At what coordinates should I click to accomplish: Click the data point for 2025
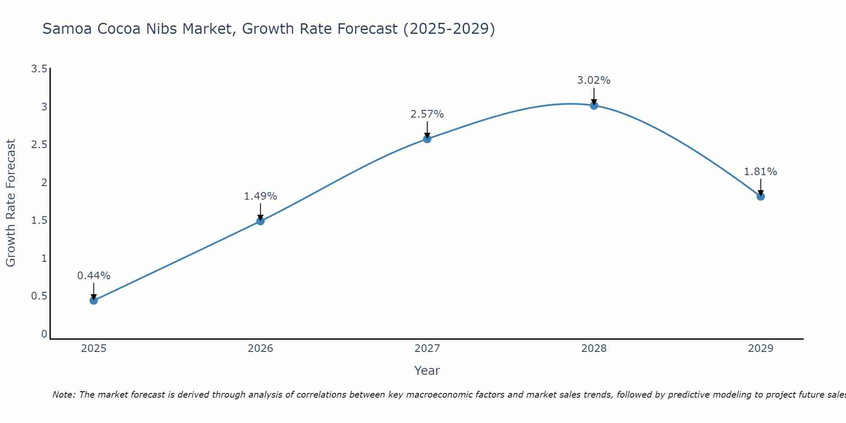pos(94,300)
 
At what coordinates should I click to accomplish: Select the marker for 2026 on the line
pos(261,221)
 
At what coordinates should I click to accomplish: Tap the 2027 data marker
pos(427,139)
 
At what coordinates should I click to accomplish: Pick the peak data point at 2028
pos(594,105)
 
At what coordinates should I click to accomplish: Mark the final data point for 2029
pos(761,196)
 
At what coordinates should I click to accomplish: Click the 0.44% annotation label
pos(94,276)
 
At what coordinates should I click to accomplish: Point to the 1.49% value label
pos(261,196)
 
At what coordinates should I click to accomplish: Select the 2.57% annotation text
pos(427,114)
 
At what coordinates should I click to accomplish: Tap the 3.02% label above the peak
pos(594,80)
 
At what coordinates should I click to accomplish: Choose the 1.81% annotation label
pos(761,172)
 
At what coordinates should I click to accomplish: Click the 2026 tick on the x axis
pos(261,349)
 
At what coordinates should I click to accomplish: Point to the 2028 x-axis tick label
pos(594,349)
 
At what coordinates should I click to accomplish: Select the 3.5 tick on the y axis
pos(39,69)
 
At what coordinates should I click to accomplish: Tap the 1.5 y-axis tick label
pos(39,220)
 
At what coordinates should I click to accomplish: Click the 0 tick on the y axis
pos(44,334)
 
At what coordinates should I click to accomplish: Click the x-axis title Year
pos(427,371)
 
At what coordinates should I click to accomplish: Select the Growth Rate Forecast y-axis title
pos(11,203)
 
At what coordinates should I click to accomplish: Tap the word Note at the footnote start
pos(63,395)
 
